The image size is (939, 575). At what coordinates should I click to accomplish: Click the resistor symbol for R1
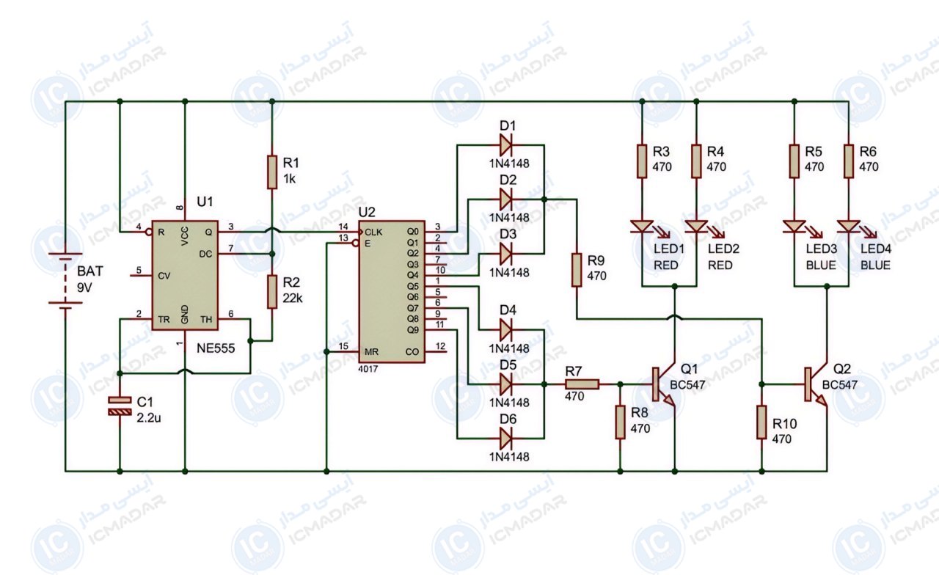(272, 172)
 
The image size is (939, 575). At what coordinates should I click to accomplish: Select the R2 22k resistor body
(272, 292)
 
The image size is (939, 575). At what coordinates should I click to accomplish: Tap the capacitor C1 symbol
(120, 406)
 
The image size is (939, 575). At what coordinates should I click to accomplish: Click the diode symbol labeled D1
(506, 145)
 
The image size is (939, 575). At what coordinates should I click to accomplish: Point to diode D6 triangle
(506, 439)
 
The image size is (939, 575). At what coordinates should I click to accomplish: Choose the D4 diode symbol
(506, 329)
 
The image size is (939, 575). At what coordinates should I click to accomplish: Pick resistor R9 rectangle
(577, 270)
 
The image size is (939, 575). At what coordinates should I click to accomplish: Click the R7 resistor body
(582, 384)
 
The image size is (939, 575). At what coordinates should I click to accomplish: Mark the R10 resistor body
(761, 422)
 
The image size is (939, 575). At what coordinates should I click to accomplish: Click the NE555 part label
(216, 348)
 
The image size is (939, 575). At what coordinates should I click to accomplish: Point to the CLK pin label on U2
(373, 232)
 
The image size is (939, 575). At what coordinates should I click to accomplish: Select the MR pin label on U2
(371, 351)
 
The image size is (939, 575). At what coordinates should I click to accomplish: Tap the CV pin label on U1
(164, 276)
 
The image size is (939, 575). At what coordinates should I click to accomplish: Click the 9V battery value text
(84, 288)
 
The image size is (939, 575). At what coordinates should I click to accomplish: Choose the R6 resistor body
(849, 161)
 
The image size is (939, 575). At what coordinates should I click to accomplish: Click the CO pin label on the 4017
(412, 351)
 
